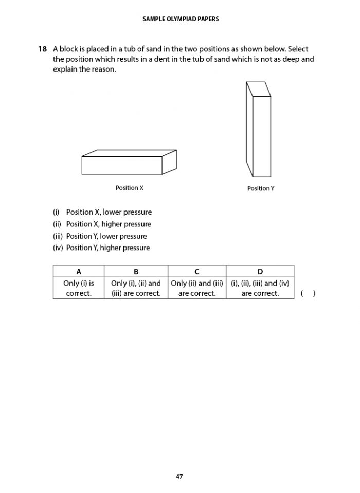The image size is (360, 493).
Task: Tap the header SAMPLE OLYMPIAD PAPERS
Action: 179,19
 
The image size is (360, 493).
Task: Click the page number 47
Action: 179,477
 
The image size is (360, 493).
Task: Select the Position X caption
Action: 130,188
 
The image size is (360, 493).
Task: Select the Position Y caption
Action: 261,189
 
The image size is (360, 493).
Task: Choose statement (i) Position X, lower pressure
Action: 102,212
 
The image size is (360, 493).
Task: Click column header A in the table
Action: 79,272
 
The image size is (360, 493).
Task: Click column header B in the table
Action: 136,272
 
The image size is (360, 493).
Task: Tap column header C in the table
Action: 197,272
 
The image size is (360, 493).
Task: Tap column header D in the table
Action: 260,272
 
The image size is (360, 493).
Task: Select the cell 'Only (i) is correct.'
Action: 79,288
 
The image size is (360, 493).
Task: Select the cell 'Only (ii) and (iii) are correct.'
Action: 197,288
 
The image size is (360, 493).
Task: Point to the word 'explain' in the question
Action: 65,69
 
